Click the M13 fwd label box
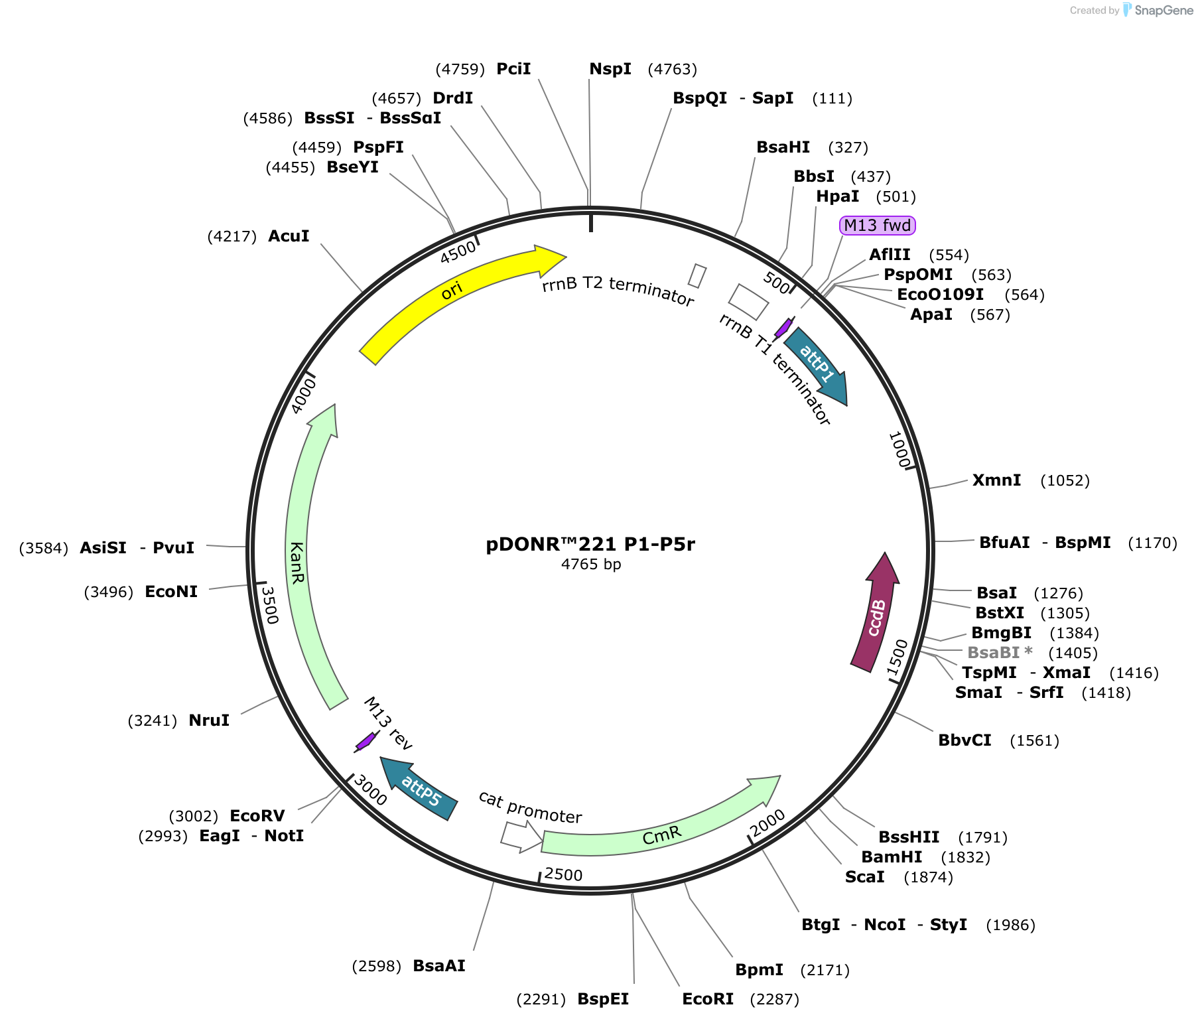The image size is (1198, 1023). [877, 226]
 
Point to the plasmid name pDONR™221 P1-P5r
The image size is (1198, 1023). [590, 544]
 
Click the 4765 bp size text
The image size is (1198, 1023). [590, 565]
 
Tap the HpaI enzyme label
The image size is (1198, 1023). [837, 196]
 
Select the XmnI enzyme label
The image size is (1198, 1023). [996, 480]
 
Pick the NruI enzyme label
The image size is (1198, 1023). [209, 720]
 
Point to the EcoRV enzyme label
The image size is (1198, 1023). [257, 816]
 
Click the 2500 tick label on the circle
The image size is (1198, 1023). [563, 874]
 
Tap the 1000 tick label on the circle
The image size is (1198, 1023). [899, 450]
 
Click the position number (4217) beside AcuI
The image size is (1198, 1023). [232, 236]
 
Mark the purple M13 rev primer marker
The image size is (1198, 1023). [366, 741]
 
